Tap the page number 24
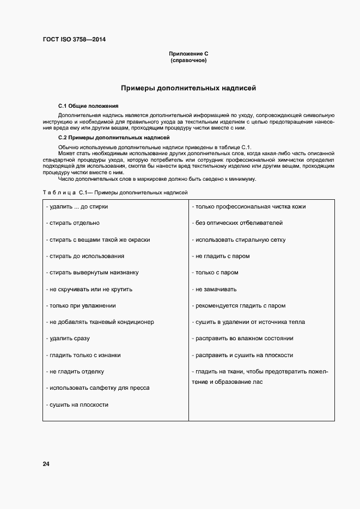[46, 464]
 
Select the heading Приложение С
[188, 53]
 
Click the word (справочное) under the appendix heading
[188, 60]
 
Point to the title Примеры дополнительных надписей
[188, 88]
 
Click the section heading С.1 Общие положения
[88, 106]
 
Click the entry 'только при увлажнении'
[81, 305]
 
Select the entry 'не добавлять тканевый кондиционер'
[100, 322]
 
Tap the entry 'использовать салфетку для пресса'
[98, 388]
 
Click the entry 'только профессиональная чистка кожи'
[249, 207]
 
